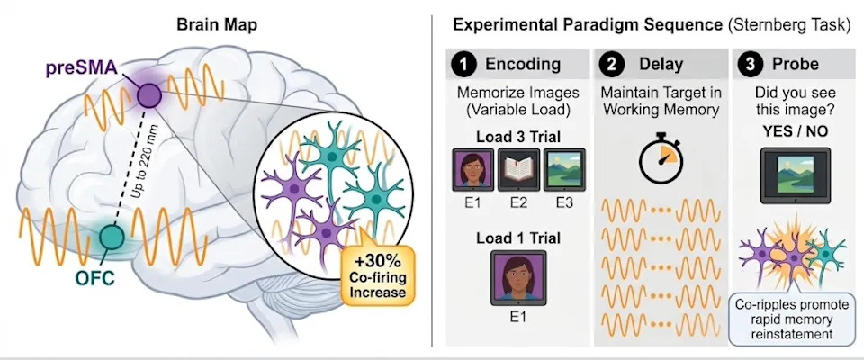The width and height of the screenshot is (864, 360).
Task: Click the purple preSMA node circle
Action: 149,95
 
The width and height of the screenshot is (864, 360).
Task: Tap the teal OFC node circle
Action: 112,237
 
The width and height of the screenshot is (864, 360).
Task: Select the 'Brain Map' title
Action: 217,25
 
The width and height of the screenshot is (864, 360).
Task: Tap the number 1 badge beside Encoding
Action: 463,64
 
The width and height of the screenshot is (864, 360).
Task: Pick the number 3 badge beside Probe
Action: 752,64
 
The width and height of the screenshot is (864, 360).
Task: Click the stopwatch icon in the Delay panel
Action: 661,157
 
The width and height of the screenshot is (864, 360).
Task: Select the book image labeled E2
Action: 518,170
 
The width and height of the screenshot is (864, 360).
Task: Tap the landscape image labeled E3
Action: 564,170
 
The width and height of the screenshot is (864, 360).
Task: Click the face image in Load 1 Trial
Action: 518,278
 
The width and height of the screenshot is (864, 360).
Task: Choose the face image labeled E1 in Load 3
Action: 473,170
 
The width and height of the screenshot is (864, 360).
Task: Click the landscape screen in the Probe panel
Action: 795,175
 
